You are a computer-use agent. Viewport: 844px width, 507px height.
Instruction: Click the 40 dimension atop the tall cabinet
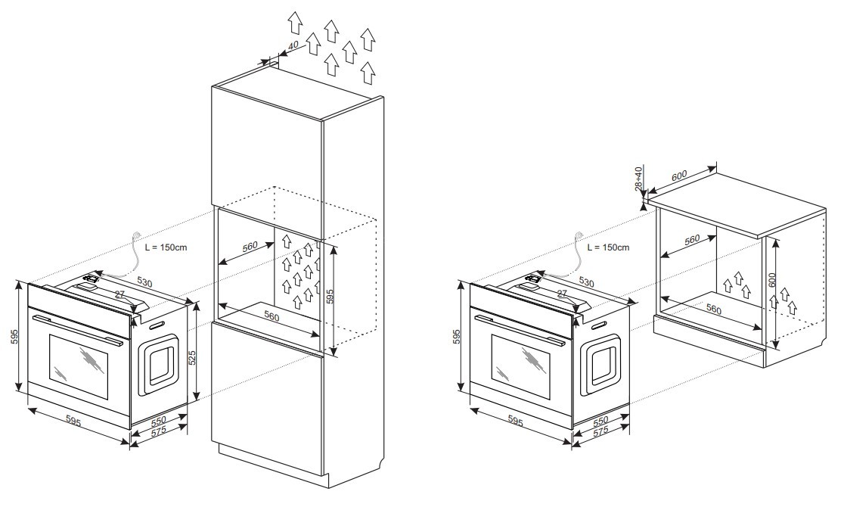293,45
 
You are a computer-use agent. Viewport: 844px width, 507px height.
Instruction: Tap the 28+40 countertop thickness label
639,179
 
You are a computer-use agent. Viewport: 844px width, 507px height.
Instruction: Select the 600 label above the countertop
679,176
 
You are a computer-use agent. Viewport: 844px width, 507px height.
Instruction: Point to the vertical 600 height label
771,280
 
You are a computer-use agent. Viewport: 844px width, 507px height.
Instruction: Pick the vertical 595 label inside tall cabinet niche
330,297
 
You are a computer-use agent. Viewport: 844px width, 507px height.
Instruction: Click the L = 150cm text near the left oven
166,247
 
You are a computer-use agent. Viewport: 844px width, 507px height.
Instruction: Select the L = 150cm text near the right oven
608,247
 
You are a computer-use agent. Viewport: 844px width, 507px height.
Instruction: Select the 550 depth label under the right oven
600,420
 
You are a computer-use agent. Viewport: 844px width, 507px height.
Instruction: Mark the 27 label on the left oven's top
119,294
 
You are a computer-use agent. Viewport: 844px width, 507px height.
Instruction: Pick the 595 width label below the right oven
515,421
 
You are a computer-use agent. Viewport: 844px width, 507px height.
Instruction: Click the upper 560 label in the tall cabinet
250,247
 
